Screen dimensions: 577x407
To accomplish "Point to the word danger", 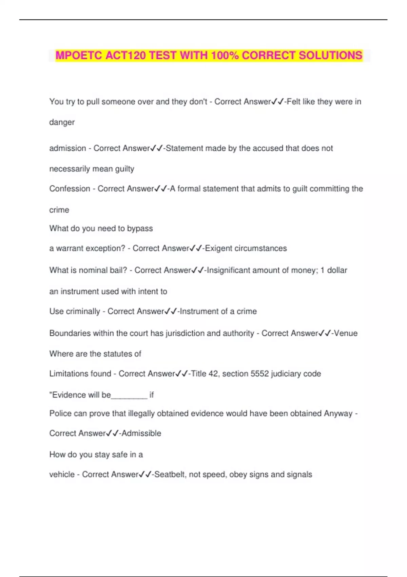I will (x=62, y=122).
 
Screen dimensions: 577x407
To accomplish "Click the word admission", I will (x=67, y=148).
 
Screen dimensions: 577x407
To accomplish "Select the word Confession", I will (x=70, y=189).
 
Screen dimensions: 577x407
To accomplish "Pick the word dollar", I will (x=337, y=271).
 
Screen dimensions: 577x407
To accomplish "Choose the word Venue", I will (x=346, y=333).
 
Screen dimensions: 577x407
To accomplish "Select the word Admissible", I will (x=141, y=433).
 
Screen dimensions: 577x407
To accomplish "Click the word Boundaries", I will (x=70, y=333).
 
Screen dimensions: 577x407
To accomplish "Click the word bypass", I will (x=140, y=229).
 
